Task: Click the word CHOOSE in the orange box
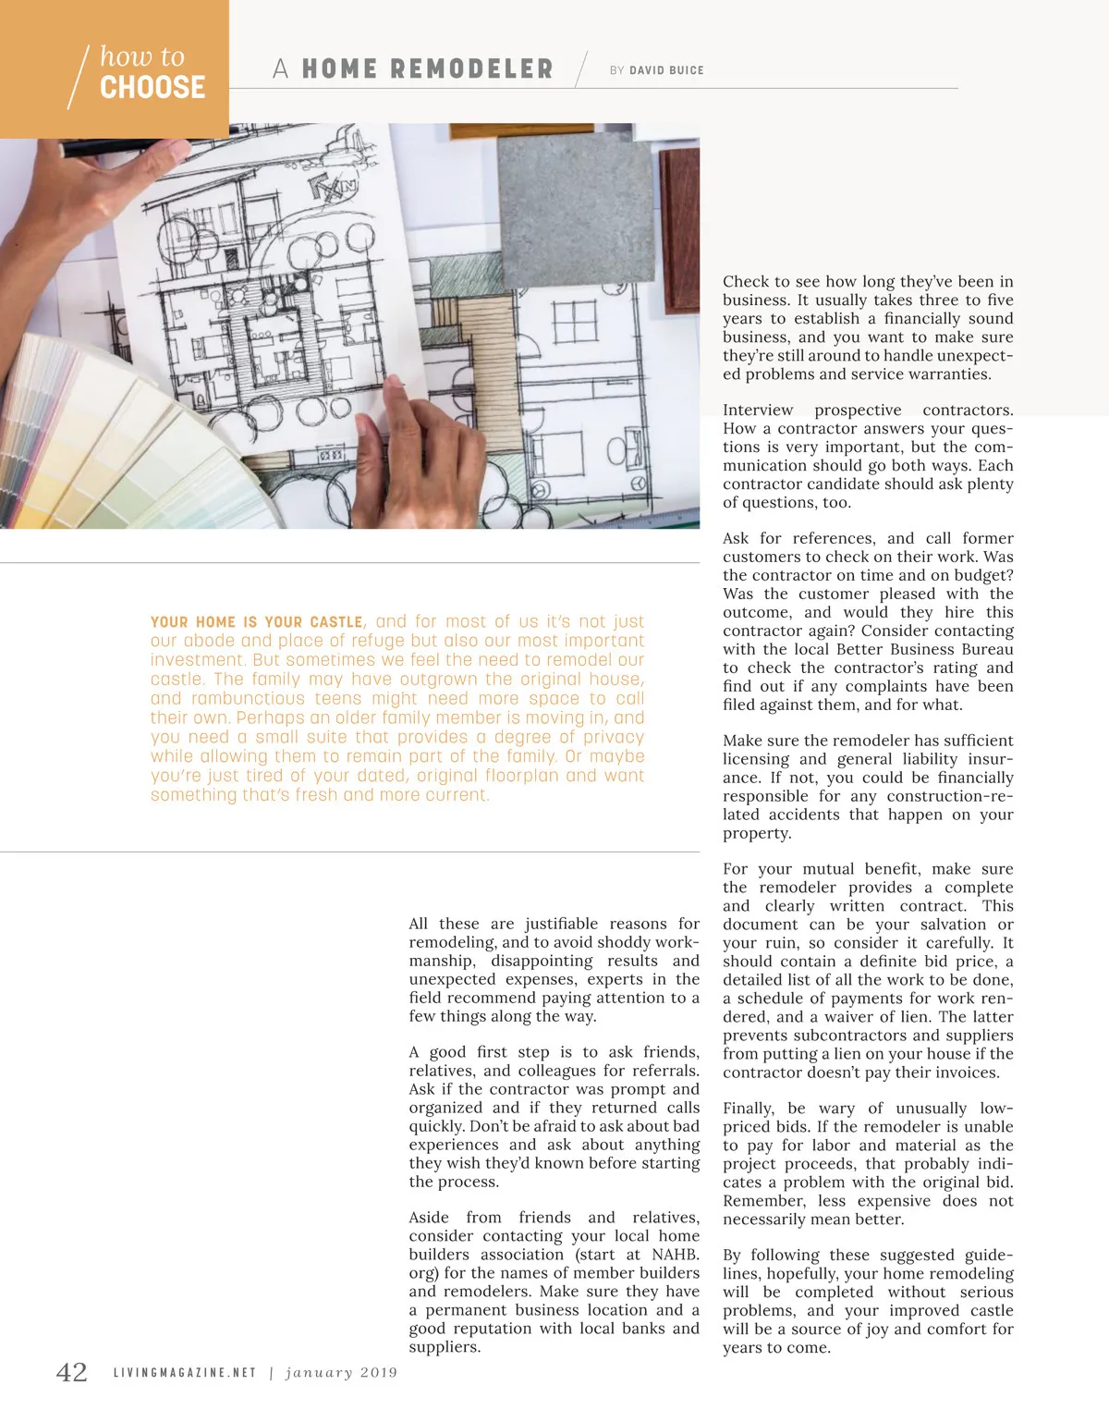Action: [x=152, y=88]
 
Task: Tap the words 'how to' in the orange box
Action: [x=142, y=56]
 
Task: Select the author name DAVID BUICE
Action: [x=666, y=70]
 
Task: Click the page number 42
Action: [x=72, y=1372]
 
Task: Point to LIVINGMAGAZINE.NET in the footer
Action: [x=185, y=1373]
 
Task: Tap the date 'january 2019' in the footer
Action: [x=342, y=1373]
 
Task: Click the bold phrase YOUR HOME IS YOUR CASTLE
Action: [x=257, y=622]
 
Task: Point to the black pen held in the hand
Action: [x=111, y=146]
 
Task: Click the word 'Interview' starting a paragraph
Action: [x=758, y=411]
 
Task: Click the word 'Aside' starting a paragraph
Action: [x=429, y=1218]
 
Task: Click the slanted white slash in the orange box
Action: [x=79, y=77]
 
